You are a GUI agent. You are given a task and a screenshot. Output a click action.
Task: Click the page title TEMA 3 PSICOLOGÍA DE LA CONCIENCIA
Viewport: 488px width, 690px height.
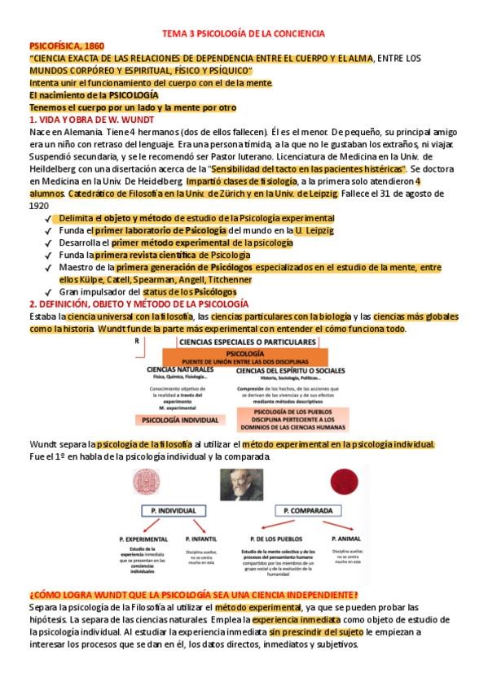pyautogui.click(x=244, y=33)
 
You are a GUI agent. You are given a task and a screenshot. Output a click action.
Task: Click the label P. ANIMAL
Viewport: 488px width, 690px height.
pyautogui.click(x=346, y=539)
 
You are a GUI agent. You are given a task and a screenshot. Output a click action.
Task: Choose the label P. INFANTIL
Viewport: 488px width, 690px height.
pyautogui.click(x=203, y=539)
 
